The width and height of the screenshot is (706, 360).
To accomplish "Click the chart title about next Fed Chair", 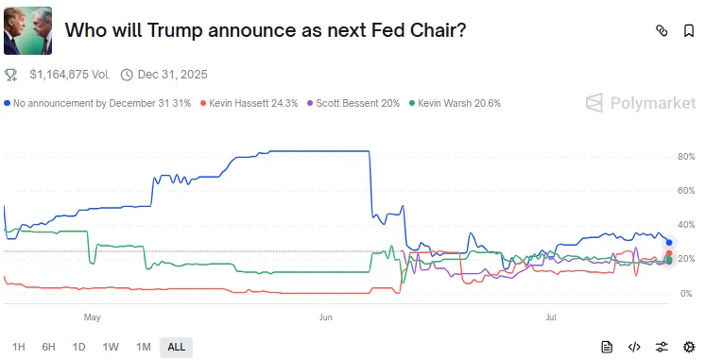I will [265, 30].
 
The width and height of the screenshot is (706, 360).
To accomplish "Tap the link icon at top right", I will [662, 31].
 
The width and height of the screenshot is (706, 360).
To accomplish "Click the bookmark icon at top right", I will [689, 31].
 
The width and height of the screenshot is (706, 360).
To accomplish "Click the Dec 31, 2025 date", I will [172, 74].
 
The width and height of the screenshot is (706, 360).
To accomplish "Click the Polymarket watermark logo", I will [639, 103].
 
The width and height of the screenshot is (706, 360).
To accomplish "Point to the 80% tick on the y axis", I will [686, 156].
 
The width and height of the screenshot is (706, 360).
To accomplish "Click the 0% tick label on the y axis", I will [686, 294].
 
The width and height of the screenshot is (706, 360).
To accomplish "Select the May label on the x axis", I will [92, 317].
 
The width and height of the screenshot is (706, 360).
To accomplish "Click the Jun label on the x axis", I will [326, 317].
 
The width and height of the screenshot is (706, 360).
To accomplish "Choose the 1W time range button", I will [111, 347].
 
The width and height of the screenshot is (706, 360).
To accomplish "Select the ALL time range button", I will [176, 347].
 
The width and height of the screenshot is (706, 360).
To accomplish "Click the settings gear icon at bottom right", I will [689, 347].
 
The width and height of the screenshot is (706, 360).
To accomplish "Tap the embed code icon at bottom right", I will [635, 347].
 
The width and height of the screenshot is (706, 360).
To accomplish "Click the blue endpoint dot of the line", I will [669, 243].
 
